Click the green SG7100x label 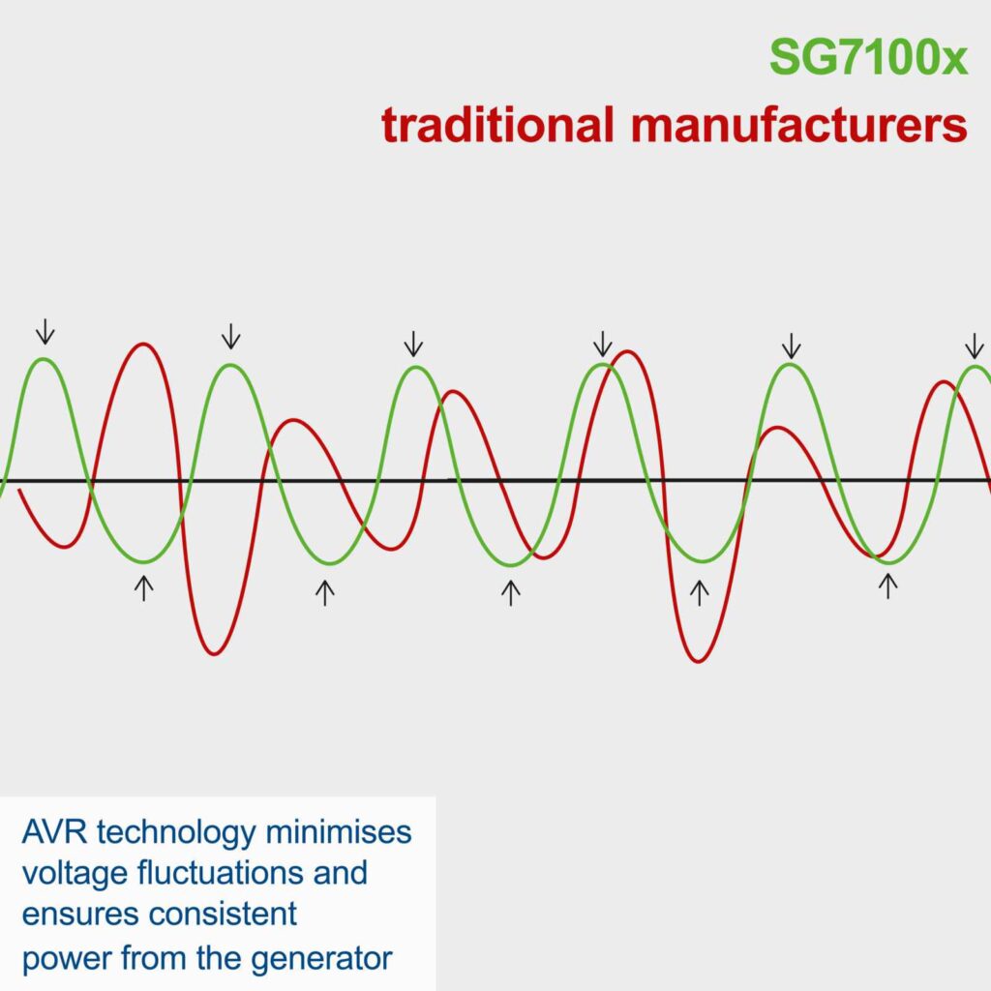pyautogui.click(x=868, y=58)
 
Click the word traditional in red pyautogui.click(x=497, y=124)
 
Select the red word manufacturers pyautogui.click(x=799, y=125)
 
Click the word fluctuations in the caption pyautogui.click(x=221, y=873)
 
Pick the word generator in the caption pyautogui.click(x=321, y=959)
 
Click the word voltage pyautogui.click(x=75, y=874)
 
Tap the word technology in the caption pyautogui.click(x=176, y=834)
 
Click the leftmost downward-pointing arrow pyautogui.click(x=45, y=331)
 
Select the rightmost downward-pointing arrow pyautogui.click(x=975, y=346)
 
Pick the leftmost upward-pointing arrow pyautogui.click(x=144, y=588)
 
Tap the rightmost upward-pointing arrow pyautogui.click(x=888, y=586)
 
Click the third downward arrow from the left pyautogui.click(x=413, y=344)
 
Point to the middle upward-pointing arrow pyautogui.click(x=511, y=593)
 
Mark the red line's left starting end pyautogui.click(x=19, y=489)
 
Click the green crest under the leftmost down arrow pyautogui.click(x=44, y=360)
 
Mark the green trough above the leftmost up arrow pyautogui.click(x=145, y=561)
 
